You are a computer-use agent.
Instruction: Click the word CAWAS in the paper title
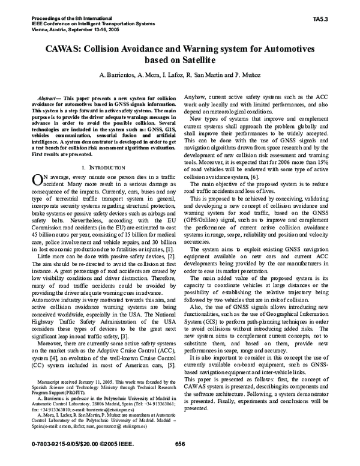[63, 50]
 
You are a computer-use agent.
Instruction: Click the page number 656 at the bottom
[179, 459]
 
